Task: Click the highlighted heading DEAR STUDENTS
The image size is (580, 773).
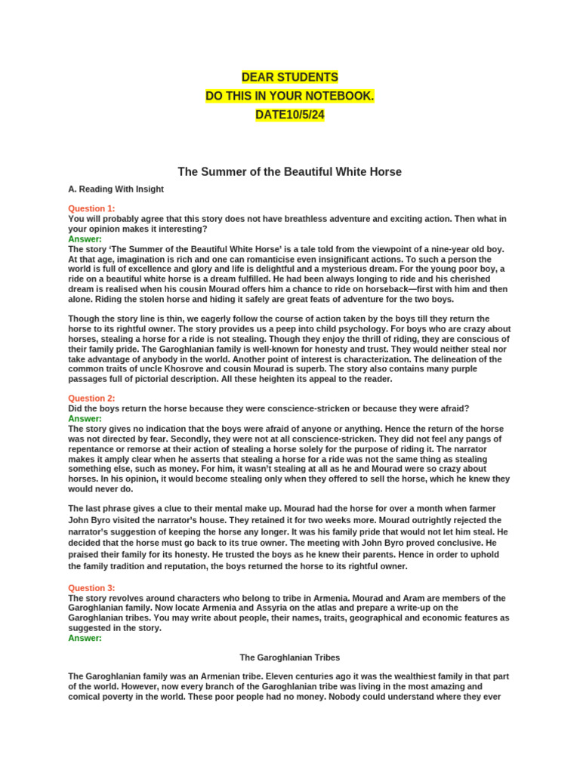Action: tap(289, 78)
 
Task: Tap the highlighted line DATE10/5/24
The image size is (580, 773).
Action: tap(289, 115)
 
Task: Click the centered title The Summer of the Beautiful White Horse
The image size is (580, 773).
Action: tap(289, 172)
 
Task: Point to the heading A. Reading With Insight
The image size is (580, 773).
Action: tap(116, 189)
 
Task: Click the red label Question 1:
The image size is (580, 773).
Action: tap(91, 209)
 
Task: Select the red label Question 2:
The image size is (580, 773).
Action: tap(91, 399)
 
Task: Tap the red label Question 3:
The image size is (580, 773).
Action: tap(91, 588)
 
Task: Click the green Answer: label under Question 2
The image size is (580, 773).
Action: tap(85, 418)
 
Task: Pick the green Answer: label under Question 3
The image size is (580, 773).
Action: tap(85, 638)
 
